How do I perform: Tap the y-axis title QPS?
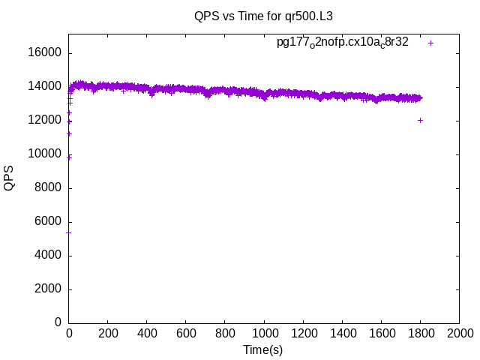[x=10, y=178]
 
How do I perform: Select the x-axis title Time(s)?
[x=262, y=349]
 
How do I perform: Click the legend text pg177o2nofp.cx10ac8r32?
[x=343, y=42]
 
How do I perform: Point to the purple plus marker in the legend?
[x=430, y=43]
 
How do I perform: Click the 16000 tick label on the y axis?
[x=45, y=53]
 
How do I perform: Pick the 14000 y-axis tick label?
[x=45, y=87]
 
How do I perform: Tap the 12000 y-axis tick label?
[x=45, y=121]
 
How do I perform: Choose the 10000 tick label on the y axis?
[x=45, y=154]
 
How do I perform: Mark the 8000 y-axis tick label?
[x=48, y=188]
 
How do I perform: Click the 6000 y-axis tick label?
[x=48, y=222]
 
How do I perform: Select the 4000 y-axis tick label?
[x=48, y=256]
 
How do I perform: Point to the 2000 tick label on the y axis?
[x=48, y=289]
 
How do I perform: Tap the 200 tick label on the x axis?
[x=108, y=333]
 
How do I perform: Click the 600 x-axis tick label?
[x=186, y=333]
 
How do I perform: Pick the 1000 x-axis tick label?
[x=264, y=333]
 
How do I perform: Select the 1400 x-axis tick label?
[x=342, y=333]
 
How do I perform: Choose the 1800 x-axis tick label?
[x=420, y=333]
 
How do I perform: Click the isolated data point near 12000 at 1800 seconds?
[x=420, y=120]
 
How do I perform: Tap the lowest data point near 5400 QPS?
[x=69, y=232]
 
